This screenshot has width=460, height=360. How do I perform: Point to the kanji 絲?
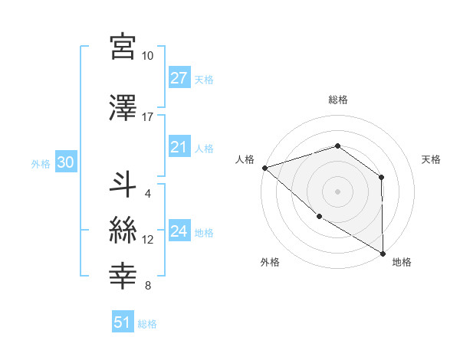click(123, 230)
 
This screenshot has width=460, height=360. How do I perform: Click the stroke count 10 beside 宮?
click(147, 56)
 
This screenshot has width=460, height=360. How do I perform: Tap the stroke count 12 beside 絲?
click(148, 240)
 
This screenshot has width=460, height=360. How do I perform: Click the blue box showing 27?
click(179, 78)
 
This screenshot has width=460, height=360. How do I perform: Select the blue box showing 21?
click(179, 147)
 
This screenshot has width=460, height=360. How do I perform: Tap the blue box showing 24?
click(179, 231)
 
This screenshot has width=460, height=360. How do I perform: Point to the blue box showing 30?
click(64, 162)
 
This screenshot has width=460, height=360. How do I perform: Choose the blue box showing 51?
click(123, 322)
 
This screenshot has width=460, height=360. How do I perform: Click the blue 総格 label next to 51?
click(147, 324)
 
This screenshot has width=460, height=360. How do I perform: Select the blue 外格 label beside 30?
click(41, 163)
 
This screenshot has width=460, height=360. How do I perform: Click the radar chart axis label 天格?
click(431, 159)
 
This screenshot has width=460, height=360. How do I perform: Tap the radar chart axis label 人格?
click(245, 159)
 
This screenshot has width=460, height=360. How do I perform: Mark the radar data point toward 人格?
click(264, 167)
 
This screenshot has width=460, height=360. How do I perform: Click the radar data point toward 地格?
click(383, 252)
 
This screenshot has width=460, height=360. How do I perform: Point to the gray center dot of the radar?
click(337, 191)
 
